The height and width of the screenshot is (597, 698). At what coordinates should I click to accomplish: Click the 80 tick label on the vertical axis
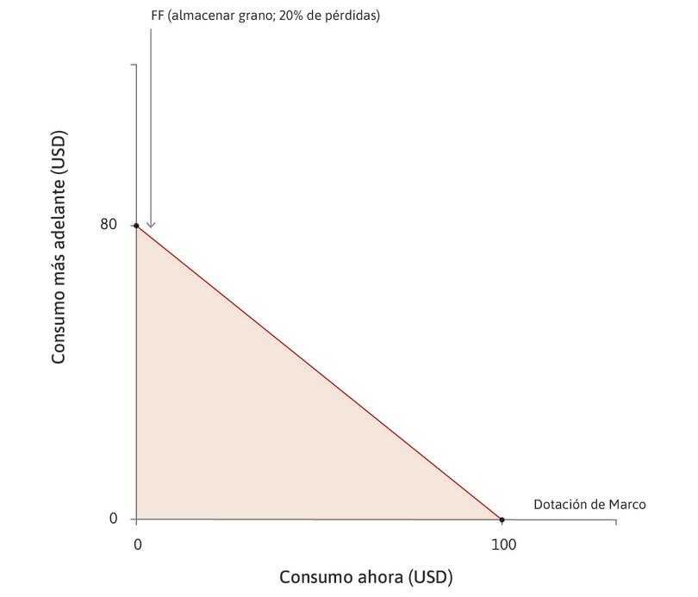(x=109, y=225)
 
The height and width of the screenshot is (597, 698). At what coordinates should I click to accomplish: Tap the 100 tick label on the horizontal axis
(x=503, y=544)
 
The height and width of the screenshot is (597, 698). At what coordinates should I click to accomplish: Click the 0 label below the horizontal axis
(x=137, y=544)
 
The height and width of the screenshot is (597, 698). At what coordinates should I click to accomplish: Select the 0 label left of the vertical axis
(x=113, y=519)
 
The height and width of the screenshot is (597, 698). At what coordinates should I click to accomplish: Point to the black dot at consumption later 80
(x=136, y=226)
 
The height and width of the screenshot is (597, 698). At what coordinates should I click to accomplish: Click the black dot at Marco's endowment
(x=502, y=519)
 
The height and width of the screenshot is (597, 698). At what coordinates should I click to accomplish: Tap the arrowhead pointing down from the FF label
(x=151, y=226)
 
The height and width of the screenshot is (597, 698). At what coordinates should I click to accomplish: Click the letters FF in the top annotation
(x=157, y=16)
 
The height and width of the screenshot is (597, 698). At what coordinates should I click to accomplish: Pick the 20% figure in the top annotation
(x=292, y=16)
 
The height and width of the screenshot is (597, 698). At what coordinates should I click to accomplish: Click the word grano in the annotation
(x=252, y=16)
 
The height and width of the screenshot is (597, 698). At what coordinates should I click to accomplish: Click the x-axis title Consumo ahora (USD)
(x=365, y=576)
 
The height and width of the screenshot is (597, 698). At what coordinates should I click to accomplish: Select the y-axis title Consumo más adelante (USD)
(x=59, y=247)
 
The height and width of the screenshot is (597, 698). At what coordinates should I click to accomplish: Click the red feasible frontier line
(x=319, y=372)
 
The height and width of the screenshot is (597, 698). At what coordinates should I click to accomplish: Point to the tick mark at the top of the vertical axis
(x=134, y=65)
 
